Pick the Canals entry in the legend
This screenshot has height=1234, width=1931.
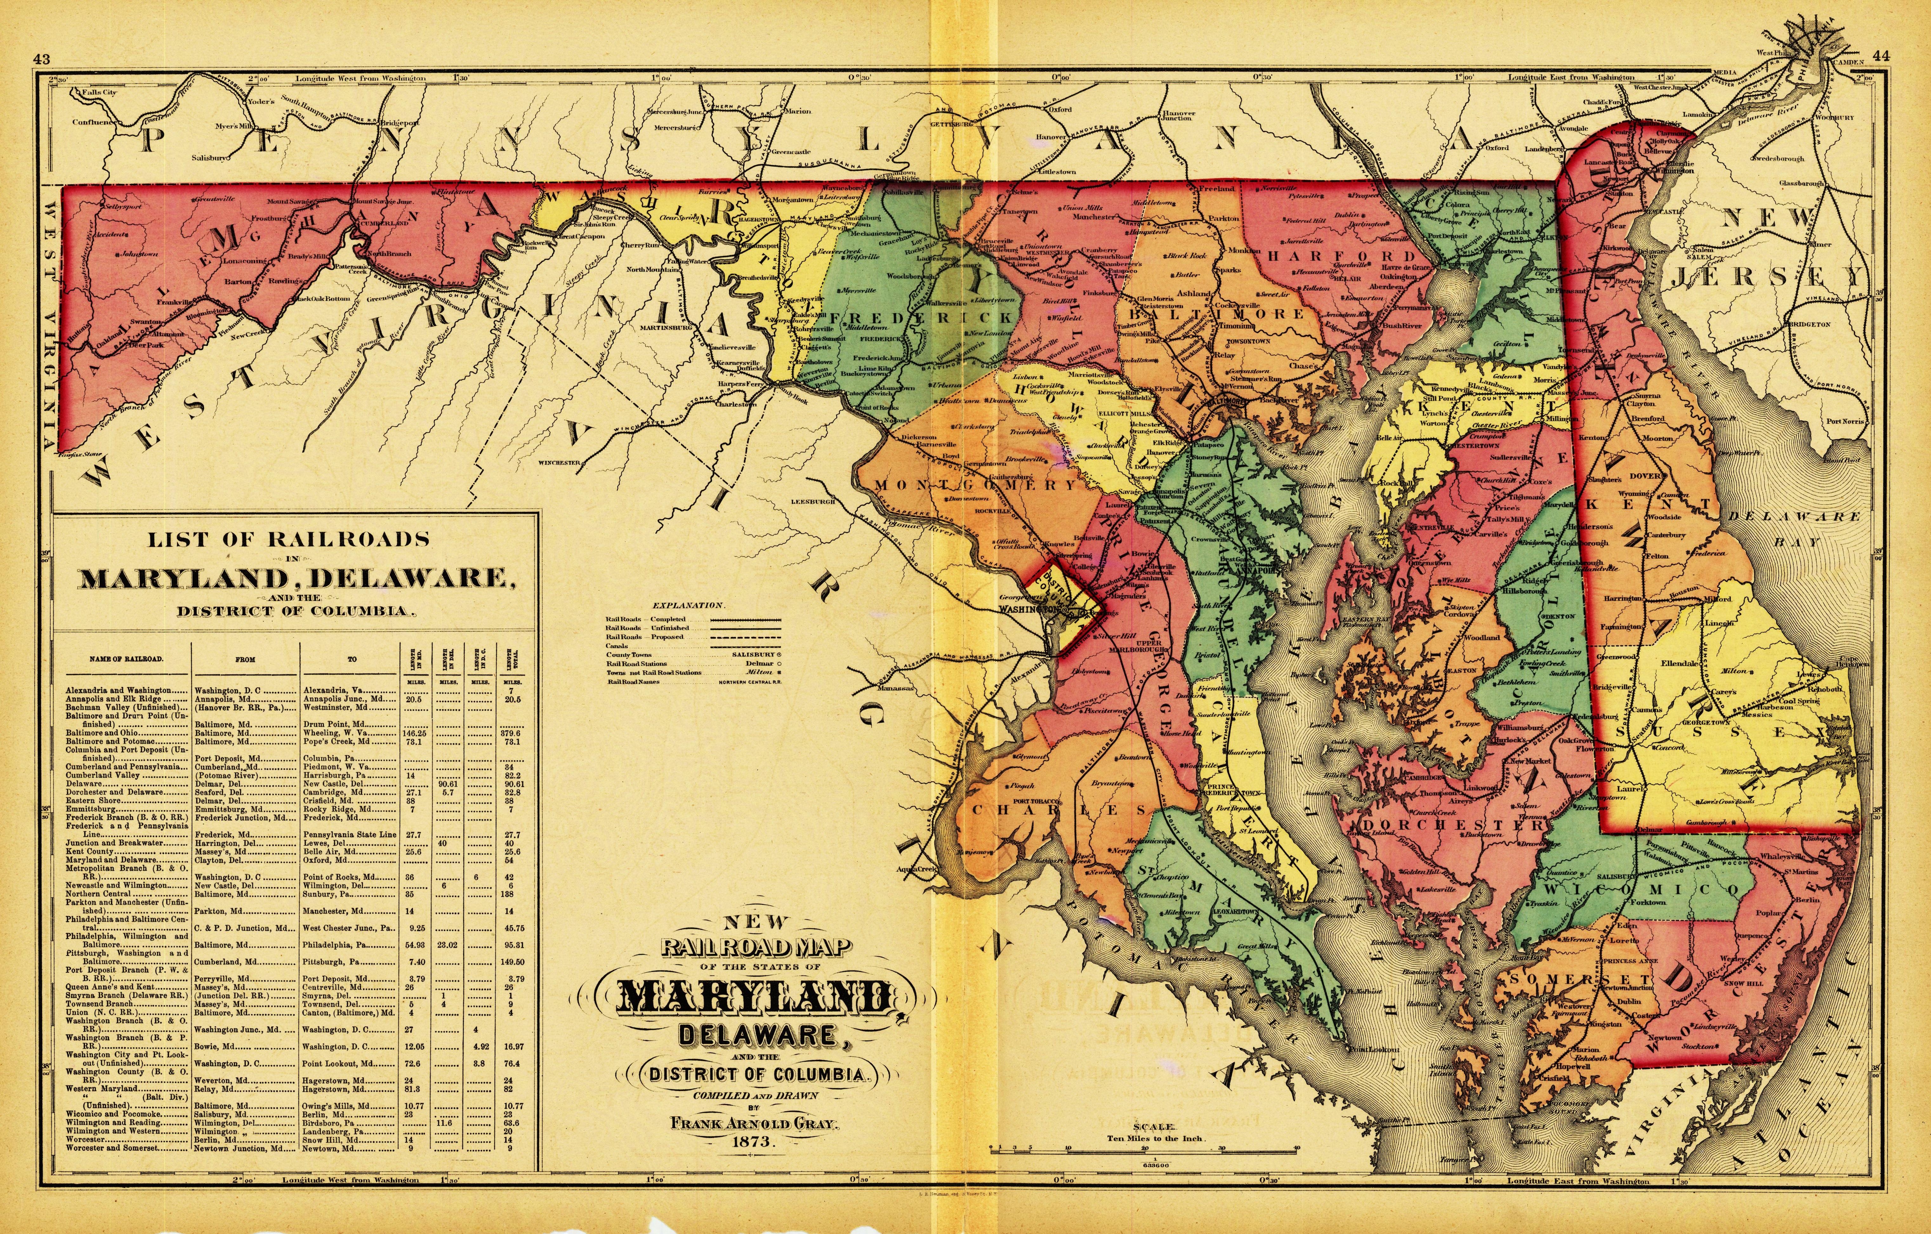tap(617, 646)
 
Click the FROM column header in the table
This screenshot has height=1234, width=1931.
tap(245, 659)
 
